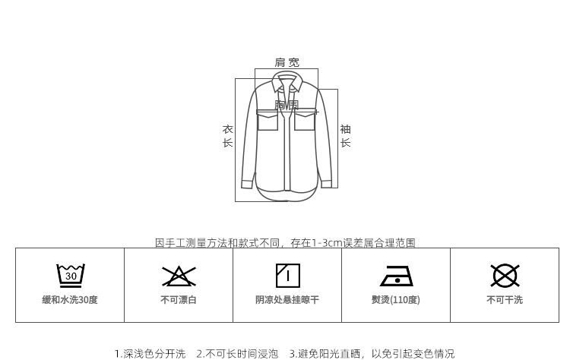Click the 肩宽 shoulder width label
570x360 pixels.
(287, 62)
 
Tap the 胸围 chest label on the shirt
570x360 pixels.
(287, 105)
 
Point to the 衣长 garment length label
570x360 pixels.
(227, 136)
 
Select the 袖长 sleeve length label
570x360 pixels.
(345, 136)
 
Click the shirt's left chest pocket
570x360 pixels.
(268, 120)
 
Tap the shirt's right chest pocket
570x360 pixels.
(305, 120)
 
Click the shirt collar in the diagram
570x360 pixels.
(287, 81)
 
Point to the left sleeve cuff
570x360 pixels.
(247, 183)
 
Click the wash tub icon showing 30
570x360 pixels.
(70, 275)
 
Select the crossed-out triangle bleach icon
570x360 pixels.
(179, 276)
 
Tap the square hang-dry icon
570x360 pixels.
(287, 275)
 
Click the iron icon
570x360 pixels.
(396, 276)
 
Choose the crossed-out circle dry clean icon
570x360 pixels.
(505, 275)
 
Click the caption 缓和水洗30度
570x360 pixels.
(70, 300)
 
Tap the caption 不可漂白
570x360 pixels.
(179, 300)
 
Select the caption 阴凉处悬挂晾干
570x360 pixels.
(287, 300)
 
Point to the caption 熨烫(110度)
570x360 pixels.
(396, 300)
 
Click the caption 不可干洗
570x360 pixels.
(505, 300)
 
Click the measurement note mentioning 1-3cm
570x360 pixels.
(285, 243)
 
